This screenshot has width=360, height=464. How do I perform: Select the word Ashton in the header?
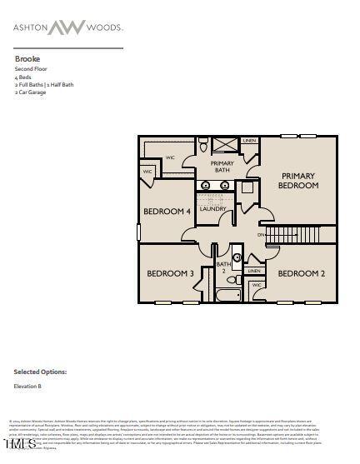click(x=30, y=27)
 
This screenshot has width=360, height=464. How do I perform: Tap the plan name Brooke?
click(x=27, y=59)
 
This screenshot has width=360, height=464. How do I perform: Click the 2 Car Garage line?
click(x=31, y=92)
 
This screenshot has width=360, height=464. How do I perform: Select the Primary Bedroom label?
click(x=298, y=181)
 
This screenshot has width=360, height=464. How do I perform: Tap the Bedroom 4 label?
click(x=167, y=212)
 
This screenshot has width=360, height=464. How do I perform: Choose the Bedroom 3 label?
click(x=170, y=273)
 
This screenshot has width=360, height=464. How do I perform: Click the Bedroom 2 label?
click(x=301, y=273)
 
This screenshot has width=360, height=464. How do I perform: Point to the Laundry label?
click(x=212, y=209)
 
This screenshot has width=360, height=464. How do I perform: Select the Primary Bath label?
click(x=222, y=167)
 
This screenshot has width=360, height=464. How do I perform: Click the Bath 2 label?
click(x=222, y=267)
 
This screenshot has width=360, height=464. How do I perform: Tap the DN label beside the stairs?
click(x=261, y=235)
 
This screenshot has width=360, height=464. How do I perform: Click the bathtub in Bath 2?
click(x=227, y=295)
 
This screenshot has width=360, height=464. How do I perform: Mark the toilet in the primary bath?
click(x=202, y=147)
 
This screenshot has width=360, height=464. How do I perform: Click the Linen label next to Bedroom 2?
click(x=254, y=271)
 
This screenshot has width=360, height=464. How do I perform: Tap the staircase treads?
click(x=292, y=235)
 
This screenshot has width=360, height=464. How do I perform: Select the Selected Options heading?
click(x=40, y=372)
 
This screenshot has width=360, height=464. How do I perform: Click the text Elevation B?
click(x=27, y=387)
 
